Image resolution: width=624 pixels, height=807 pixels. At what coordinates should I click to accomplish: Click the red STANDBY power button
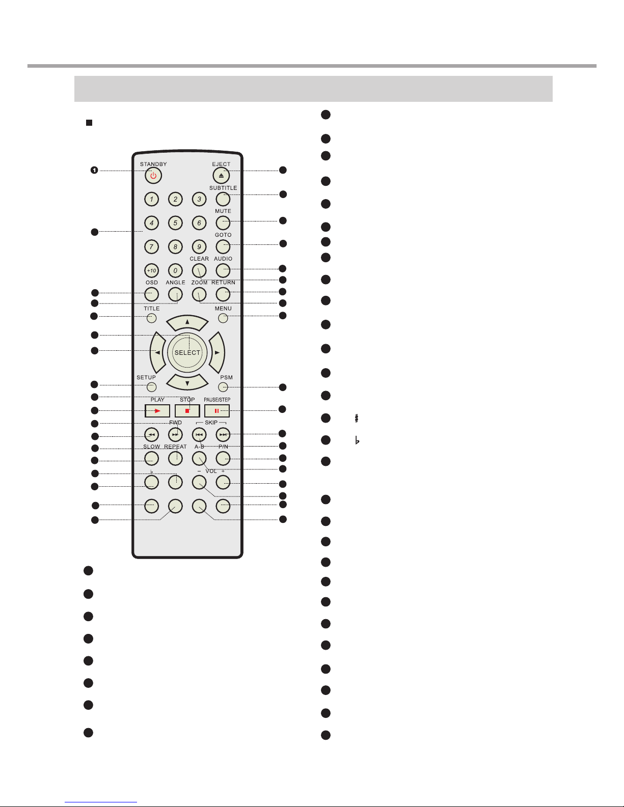(x=153, y=176)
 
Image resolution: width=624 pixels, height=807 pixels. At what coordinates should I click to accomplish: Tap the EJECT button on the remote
(x=221, y=176)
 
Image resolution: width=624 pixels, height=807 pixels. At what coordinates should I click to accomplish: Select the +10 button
(x=151, y=270)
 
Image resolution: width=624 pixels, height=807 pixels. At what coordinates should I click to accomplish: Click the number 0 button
(x=175, y=270)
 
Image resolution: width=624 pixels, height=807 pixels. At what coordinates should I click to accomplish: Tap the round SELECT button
(x=187, y=352)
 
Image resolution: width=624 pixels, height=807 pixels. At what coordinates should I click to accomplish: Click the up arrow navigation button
(x=187, y=322)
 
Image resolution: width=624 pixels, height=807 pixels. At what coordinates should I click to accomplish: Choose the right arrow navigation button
(x=217, y=352)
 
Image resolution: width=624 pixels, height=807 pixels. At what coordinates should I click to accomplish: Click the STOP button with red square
(x=187, y=411)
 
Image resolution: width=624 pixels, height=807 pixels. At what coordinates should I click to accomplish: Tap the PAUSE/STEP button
(x=216, y=411)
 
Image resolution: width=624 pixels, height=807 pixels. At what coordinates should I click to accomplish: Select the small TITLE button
(x=151, y=318)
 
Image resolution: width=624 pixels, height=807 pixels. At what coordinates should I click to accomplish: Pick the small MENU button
(x=223, y=318)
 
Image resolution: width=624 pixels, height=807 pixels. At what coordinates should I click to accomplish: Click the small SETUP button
(x=151, y=387)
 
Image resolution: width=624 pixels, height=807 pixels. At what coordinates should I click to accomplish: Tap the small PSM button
(x=223, y=387)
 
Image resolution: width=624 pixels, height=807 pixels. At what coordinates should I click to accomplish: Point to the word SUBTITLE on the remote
(x=223, y=188)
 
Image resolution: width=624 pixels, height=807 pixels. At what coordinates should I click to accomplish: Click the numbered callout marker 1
(x=94, y=170)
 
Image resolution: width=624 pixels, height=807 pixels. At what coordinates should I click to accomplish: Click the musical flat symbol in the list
(x=357, y=440)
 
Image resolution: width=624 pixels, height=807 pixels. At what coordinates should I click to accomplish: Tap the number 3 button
(x=199, y=199)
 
